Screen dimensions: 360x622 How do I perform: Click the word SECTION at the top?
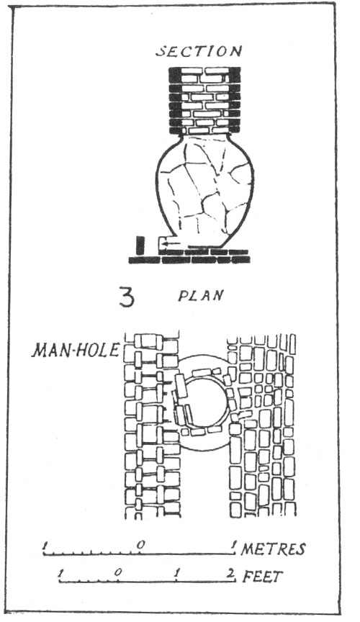[199, 51]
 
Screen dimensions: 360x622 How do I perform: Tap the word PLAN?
[201, 296]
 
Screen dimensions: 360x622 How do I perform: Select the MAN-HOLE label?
[76, 350]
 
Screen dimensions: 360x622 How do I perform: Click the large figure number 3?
[127, 298]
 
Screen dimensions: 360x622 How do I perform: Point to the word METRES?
[273, 549]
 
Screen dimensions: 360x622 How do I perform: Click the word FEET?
[262, 577]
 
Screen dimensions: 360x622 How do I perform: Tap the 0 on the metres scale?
[140, 545]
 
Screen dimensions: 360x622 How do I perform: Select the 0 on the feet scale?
[117, 572]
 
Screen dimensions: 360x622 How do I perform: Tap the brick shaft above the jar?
[204, 100]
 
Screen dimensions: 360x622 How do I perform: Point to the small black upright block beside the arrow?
[139, 245]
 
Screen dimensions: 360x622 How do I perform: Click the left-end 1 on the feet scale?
[61, 573]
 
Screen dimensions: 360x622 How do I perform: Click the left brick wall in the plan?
[152, 425]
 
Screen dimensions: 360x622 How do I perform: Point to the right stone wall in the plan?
[262, 425]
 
